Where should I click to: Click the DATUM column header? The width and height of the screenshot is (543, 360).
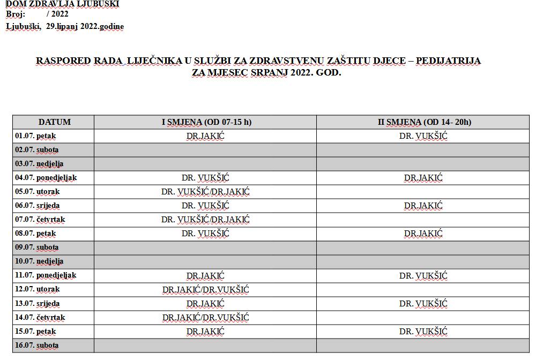coord(54,122)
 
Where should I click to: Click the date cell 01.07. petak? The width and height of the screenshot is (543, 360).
coord(35,136)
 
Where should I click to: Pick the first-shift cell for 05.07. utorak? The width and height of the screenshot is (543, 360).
coord(205,192)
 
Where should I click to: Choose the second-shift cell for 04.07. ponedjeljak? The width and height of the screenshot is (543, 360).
coord(423,178)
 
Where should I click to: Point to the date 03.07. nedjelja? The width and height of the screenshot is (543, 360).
coord(39,164)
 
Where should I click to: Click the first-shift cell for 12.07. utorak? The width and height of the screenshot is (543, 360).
coord(205,290)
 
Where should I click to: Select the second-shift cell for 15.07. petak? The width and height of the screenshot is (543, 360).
coord(423,332)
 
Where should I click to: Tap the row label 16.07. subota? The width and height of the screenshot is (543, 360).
coord(36,346)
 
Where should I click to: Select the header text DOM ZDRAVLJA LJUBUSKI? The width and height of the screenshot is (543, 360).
coord(63,4)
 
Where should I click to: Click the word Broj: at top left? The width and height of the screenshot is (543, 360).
coord(16,14)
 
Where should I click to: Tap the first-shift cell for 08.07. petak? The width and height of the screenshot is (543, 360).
coord(205,234)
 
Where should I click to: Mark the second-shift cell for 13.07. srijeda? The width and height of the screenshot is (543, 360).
coord(423,304)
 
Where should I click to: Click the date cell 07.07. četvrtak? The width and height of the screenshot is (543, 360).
coord(40,220)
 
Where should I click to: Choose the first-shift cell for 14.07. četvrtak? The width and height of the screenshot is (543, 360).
coord(205,318)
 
